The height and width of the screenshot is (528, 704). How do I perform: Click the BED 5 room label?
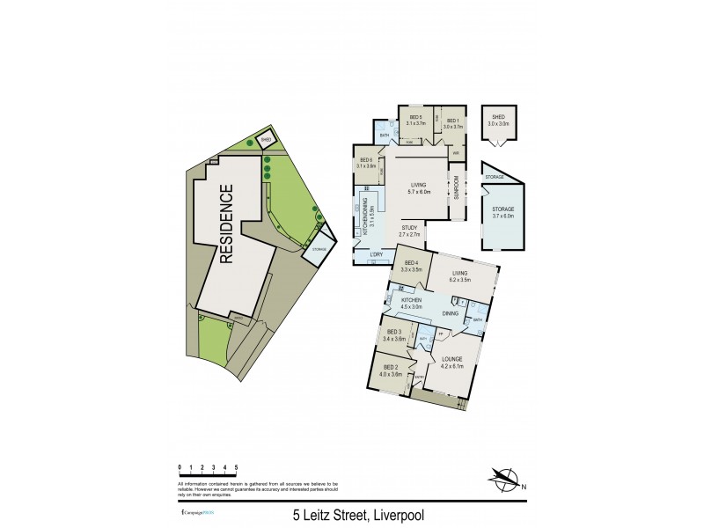point(413,118)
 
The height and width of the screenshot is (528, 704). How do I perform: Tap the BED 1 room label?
point(452,121)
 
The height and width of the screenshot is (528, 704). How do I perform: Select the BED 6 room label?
point(366,160)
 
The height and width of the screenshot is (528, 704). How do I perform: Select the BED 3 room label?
point(394,333)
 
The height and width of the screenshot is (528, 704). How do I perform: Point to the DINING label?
point(450,312)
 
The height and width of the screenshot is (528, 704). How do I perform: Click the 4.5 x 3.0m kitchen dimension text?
point(412,307)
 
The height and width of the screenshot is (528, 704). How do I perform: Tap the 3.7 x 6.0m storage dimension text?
point(502,215)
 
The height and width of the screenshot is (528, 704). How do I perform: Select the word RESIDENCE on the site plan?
point(227,224)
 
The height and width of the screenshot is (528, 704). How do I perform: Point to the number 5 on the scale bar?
point(236,466)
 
